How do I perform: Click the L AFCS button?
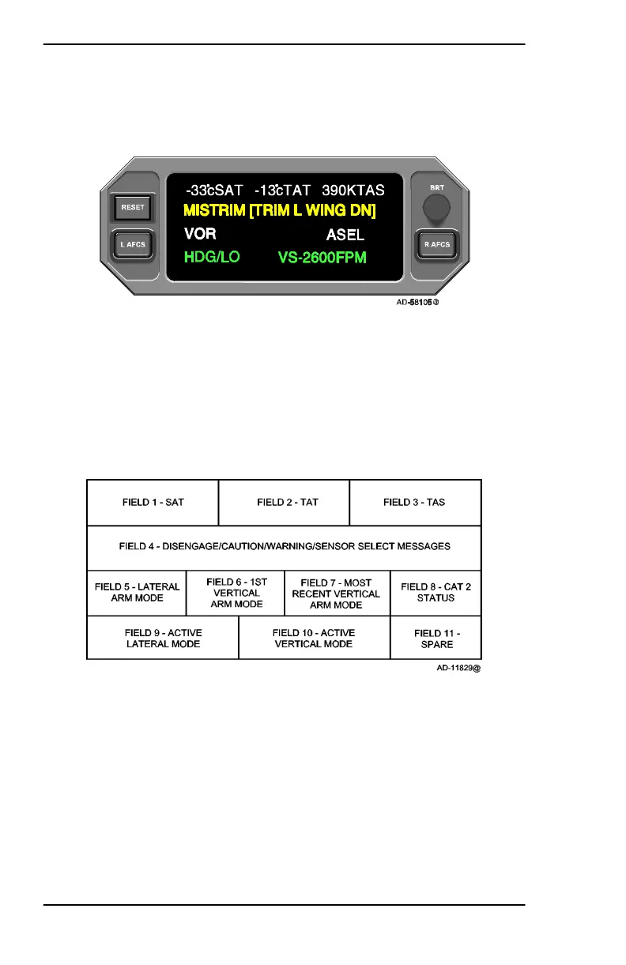pos(130,244)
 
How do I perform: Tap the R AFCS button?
pos(436,244)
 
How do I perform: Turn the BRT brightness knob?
pos(436,208)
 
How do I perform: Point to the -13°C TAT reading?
pos(283,190)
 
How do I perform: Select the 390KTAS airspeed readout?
pos(353,190)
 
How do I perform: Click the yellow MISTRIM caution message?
pos(279,211)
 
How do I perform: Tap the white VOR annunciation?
pos(200,234)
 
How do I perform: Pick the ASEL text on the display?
pos(345,235)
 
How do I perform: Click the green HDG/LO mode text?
pos(212,258)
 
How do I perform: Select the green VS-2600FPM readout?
pos(322,258)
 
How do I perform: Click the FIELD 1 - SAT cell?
pos(153,503)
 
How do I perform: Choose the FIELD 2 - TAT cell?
pos(284,503)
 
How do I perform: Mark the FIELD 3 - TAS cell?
pos(415,503)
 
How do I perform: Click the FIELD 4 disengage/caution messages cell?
pos(284,546)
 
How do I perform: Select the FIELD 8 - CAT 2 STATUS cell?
pos(436,592)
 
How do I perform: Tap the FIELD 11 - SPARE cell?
pos(436,639)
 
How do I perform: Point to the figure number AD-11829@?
pos(453,668)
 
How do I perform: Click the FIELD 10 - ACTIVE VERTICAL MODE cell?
pos(314,639)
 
